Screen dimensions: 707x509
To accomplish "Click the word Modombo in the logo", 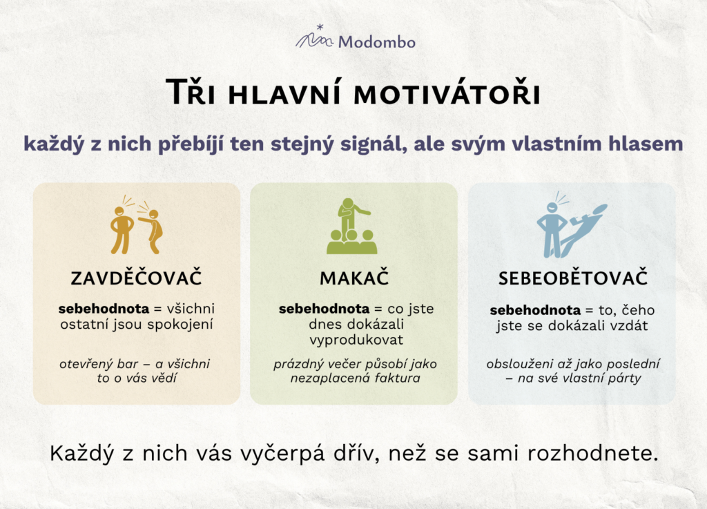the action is [377, 42].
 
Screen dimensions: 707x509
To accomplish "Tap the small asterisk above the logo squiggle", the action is [320, 28].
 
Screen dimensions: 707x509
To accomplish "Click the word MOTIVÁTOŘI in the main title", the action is [447, 94].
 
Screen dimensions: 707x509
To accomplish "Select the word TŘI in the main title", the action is [191, 92].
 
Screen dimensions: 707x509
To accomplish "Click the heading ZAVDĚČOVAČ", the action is [136, 278].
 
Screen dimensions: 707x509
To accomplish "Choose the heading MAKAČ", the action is [354, 278].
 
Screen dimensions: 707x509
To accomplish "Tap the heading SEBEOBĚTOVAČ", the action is [572, 278].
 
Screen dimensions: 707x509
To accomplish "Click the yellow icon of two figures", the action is [136, 225].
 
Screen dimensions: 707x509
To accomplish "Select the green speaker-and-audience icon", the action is [352, 226].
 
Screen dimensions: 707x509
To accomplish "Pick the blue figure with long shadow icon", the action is [572, 225].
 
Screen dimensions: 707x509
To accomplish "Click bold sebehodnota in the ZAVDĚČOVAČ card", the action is [104, 309].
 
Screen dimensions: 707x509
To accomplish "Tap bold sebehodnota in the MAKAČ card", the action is [325, 309].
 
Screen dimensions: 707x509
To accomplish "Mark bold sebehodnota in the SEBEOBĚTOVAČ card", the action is [535, 310].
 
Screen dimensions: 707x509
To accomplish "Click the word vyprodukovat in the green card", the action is [356, 340].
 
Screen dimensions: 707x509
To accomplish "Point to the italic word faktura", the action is [397, 378].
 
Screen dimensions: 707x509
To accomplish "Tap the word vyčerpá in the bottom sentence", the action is [282, 454].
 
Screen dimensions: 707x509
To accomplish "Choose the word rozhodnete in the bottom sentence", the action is [592, 454].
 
